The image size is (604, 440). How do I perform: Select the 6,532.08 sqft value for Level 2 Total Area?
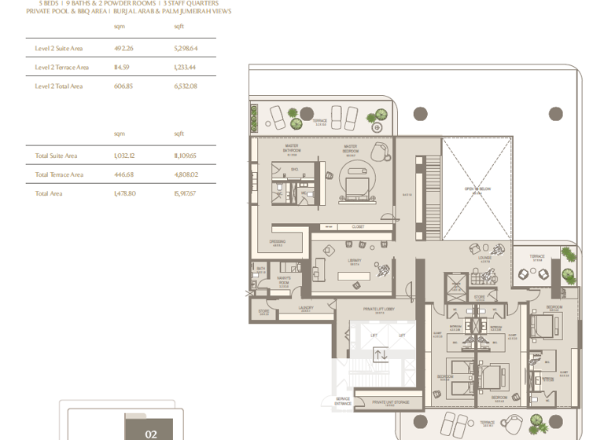click(x=185, y=86)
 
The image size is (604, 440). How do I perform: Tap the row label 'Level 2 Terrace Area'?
click(x=61, y=68)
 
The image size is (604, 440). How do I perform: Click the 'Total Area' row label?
click(x=48, y=193)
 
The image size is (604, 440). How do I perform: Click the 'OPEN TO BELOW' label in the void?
click(x=477, y=189)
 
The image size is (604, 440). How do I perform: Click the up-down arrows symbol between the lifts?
click(x=381, y=355)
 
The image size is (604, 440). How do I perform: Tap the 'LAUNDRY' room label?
click(x=305, y=308)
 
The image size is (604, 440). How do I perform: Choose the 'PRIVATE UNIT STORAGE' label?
click(x=390, y=402)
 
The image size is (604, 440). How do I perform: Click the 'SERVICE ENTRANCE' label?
click(x=343, y=401)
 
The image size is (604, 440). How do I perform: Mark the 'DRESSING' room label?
click(x=277, y=242)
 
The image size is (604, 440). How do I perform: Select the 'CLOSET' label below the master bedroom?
click(x=358, y=227)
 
